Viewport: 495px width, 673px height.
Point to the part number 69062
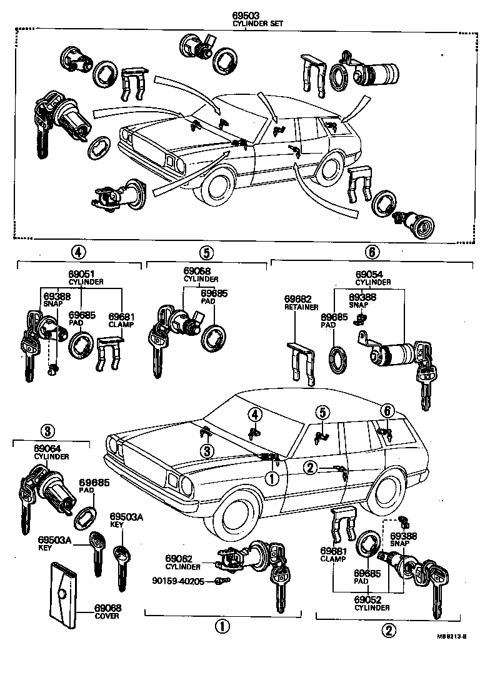pos(179,558)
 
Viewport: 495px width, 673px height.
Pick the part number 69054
pos(369,274)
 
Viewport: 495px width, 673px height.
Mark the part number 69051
pos(81,274)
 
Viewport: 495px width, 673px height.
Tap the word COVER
pos(107,616)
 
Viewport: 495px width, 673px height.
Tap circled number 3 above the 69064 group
pos(50,430)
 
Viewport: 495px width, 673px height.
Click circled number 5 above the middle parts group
pos(206,253)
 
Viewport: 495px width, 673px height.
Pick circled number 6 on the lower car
pos(387,410)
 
